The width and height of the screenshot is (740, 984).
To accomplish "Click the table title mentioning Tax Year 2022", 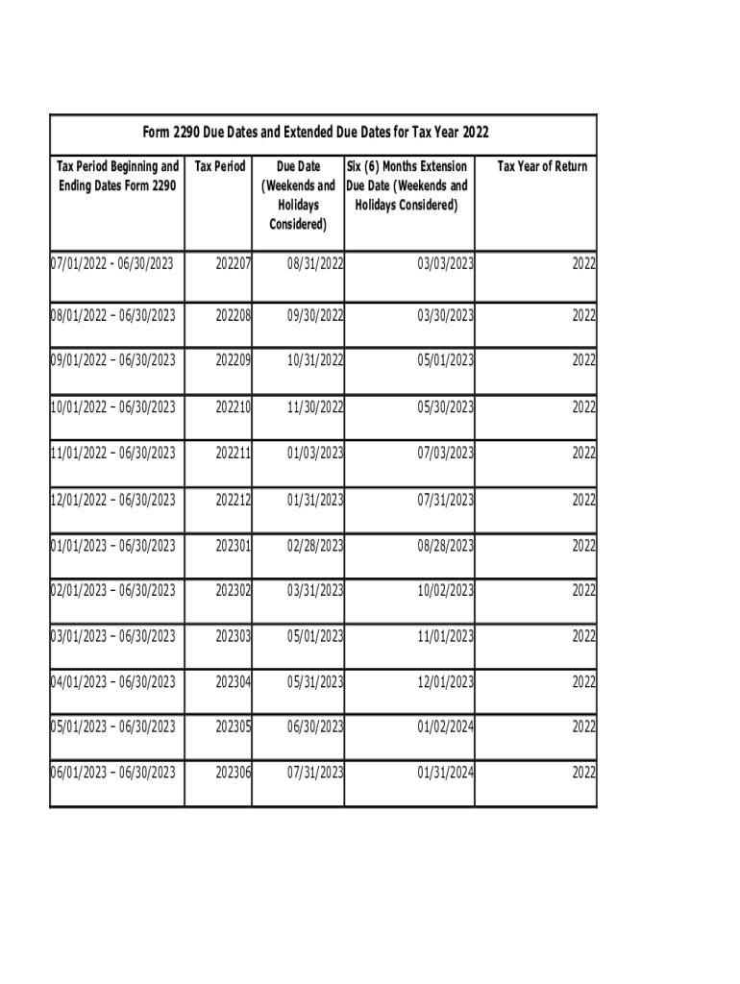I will [x=323, y=133].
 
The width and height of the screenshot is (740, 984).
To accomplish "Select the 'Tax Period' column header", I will [x=219, y=166].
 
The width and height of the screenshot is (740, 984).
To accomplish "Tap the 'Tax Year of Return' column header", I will [x=542, y=166].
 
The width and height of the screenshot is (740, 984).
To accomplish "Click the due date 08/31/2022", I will [x=310, y=262].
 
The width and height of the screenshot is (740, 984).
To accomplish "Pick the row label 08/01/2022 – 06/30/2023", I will [x=113, y=315].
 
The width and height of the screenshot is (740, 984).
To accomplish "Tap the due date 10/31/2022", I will [x=310, y=360].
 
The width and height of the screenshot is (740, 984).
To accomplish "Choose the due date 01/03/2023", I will [x=310, y=453].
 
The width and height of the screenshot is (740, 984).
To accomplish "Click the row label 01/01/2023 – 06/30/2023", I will [x=113, y=546].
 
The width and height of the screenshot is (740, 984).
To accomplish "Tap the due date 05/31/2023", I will [x=310, y=682].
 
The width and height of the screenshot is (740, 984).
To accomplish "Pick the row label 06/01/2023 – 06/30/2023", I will [x=113, y=772].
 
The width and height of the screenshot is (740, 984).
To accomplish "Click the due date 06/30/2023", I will [x=310, y=727].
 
